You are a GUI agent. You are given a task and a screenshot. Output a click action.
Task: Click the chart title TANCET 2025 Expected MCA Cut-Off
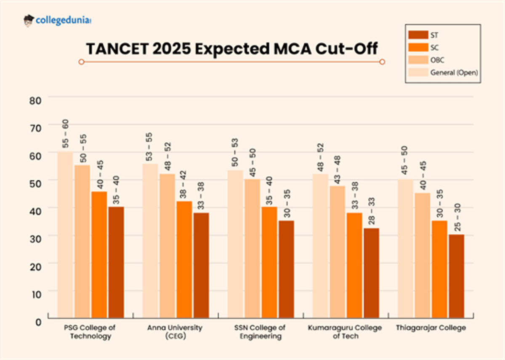click(x=231, y=48)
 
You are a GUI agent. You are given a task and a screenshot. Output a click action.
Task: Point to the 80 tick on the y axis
click(x=35, y=100)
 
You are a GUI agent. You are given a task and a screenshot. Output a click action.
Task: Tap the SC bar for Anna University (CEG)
click(x=184, y=259)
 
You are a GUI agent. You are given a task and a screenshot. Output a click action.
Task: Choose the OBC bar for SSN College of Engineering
click(x=252, y=248)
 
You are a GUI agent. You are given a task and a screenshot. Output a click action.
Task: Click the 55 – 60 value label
click(x=66, y=134)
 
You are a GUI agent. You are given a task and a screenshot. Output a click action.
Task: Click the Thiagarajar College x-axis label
click(x=431, y=328)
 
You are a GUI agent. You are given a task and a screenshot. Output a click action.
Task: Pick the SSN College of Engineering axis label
click(x=260, y=332)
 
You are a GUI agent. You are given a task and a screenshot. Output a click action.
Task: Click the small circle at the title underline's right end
click(x=382, y=62)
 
